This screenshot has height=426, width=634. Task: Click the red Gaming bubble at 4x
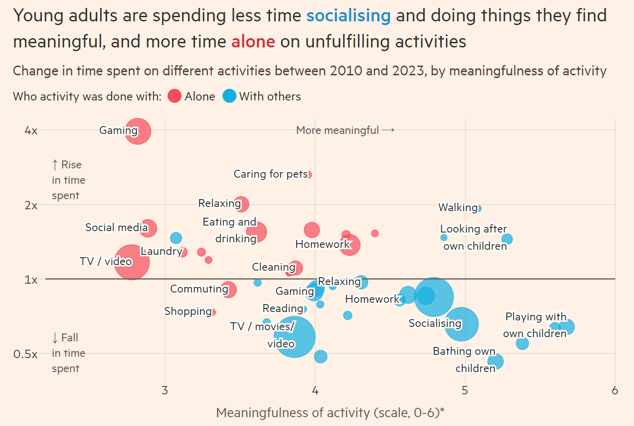tap(138, 132)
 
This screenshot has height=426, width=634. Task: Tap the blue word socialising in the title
tap(348, 16)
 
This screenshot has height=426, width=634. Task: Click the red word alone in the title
tap(253, 42)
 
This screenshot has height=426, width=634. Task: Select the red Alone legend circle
tap(174, 96)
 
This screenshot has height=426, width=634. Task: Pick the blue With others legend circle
tap(229, 96)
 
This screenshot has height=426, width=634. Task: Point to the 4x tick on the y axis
tap(31, 131)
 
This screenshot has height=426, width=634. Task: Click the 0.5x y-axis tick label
tap(25, 354)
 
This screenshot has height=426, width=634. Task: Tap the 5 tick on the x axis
tap(465, 390)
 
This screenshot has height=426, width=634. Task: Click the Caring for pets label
tap(270, 174)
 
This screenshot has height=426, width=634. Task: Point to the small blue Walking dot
tap(479, 208)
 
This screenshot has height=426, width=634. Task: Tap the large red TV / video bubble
tap(132, 262)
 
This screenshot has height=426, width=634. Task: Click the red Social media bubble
tap(148, 228)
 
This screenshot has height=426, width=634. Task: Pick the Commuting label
tap(199, 289)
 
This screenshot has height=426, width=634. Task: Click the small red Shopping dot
tap(214, 312)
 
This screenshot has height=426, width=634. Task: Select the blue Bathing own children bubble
tap(496, 361)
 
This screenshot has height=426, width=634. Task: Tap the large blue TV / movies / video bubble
tap(295, 337)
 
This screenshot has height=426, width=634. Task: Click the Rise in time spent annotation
tap(68, 180)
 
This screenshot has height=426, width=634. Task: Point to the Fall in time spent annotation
tap(68, 353)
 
